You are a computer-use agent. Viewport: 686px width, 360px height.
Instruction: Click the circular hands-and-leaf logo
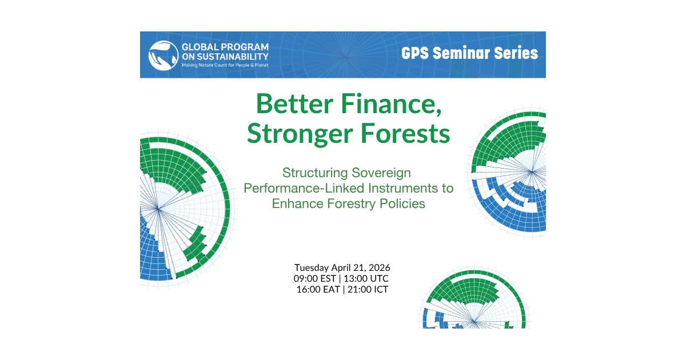coord(163,55)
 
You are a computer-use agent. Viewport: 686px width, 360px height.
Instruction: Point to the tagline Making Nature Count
coord(225,65)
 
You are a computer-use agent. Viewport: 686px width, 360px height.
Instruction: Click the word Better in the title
coord(294,104)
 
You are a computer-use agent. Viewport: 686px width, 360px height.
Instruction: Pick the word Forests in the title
coord(405,134)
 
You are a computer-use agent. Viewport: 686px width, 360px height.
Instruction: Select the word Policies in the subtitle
coord(402,203)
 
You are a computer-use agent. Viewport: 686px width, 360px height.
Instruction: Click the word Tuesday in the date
coord(312,268)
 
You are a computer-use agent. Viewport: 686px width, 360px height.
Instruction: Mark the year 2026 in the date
coord(380,268)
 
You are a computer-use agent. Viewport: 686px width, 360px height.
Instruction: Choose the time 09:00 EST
coord(315,279)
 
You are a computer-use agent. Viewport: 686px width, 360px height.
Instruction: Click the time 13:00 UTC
coord(366,279)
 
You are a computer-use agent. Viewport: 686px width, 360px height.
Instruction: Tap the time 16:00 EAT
coord(318,289)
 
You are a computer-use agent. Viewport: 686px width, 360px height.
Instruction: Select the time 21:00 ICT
coord(368,289)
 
